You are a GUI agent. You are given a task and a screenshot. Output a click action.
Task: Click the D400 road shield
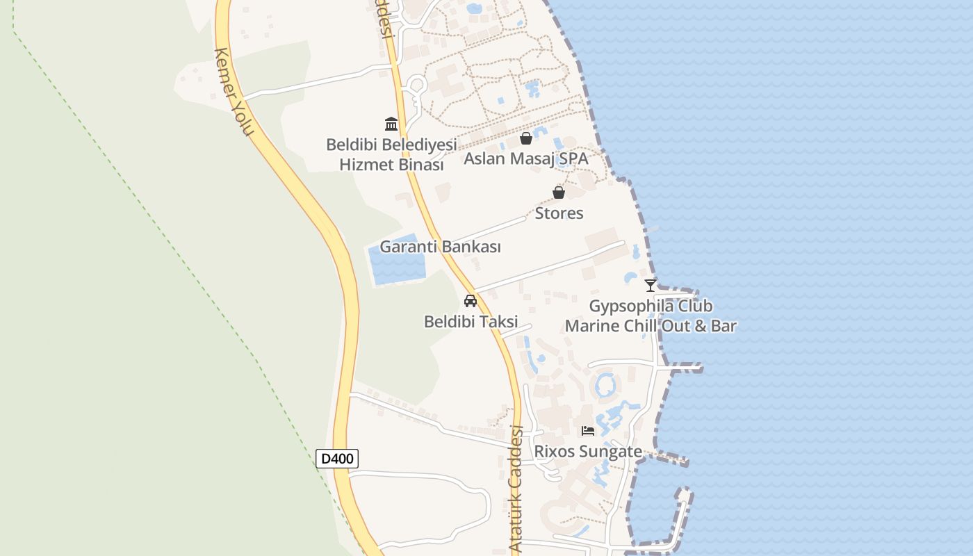pos(337,459)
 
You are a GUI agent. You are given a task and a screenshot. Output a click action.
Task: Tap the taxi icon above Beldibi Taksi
pos(471,301)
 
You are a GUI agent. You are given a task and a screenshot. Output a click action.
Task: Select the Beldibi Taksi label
pos(471,322)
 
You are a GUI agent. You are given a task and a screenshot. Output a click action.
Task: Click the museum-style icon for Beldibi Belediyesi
pos(391,124)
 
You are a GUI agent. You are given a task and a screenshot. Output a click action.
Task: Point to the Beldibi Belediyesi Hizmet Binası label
pos(391,154)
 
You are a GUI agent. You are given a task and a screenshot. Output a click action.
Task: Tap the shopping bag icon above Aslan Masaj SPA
pos(526,138)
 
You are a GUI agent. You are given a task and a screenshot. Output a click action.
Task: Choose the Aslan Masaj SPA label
pos(525,158)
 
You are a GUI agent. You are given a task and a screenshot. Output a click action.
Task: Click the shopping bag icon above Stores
pos(559,193)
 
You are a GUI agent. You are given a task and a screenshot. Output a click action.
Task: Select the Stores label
pos(559,213)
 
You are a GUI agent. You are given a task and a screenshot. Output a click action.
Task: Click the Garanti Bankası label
pos(440,247)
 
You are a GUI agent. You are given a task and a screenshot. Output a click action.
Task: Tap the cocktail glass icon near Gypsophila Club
pos(651,285)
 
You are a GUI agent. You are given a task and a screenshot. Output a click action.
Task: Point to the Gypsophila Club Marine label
pos(651,316)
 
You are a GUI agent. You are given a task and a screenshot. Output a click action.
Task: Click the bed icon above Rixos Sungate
pos(588,431)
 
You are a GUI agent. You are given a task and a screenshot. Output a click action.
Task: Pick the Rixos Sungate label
pos(588,451)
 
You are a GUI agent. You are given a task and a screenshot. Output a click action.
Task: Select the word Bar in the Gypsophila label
pos(723,325)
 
